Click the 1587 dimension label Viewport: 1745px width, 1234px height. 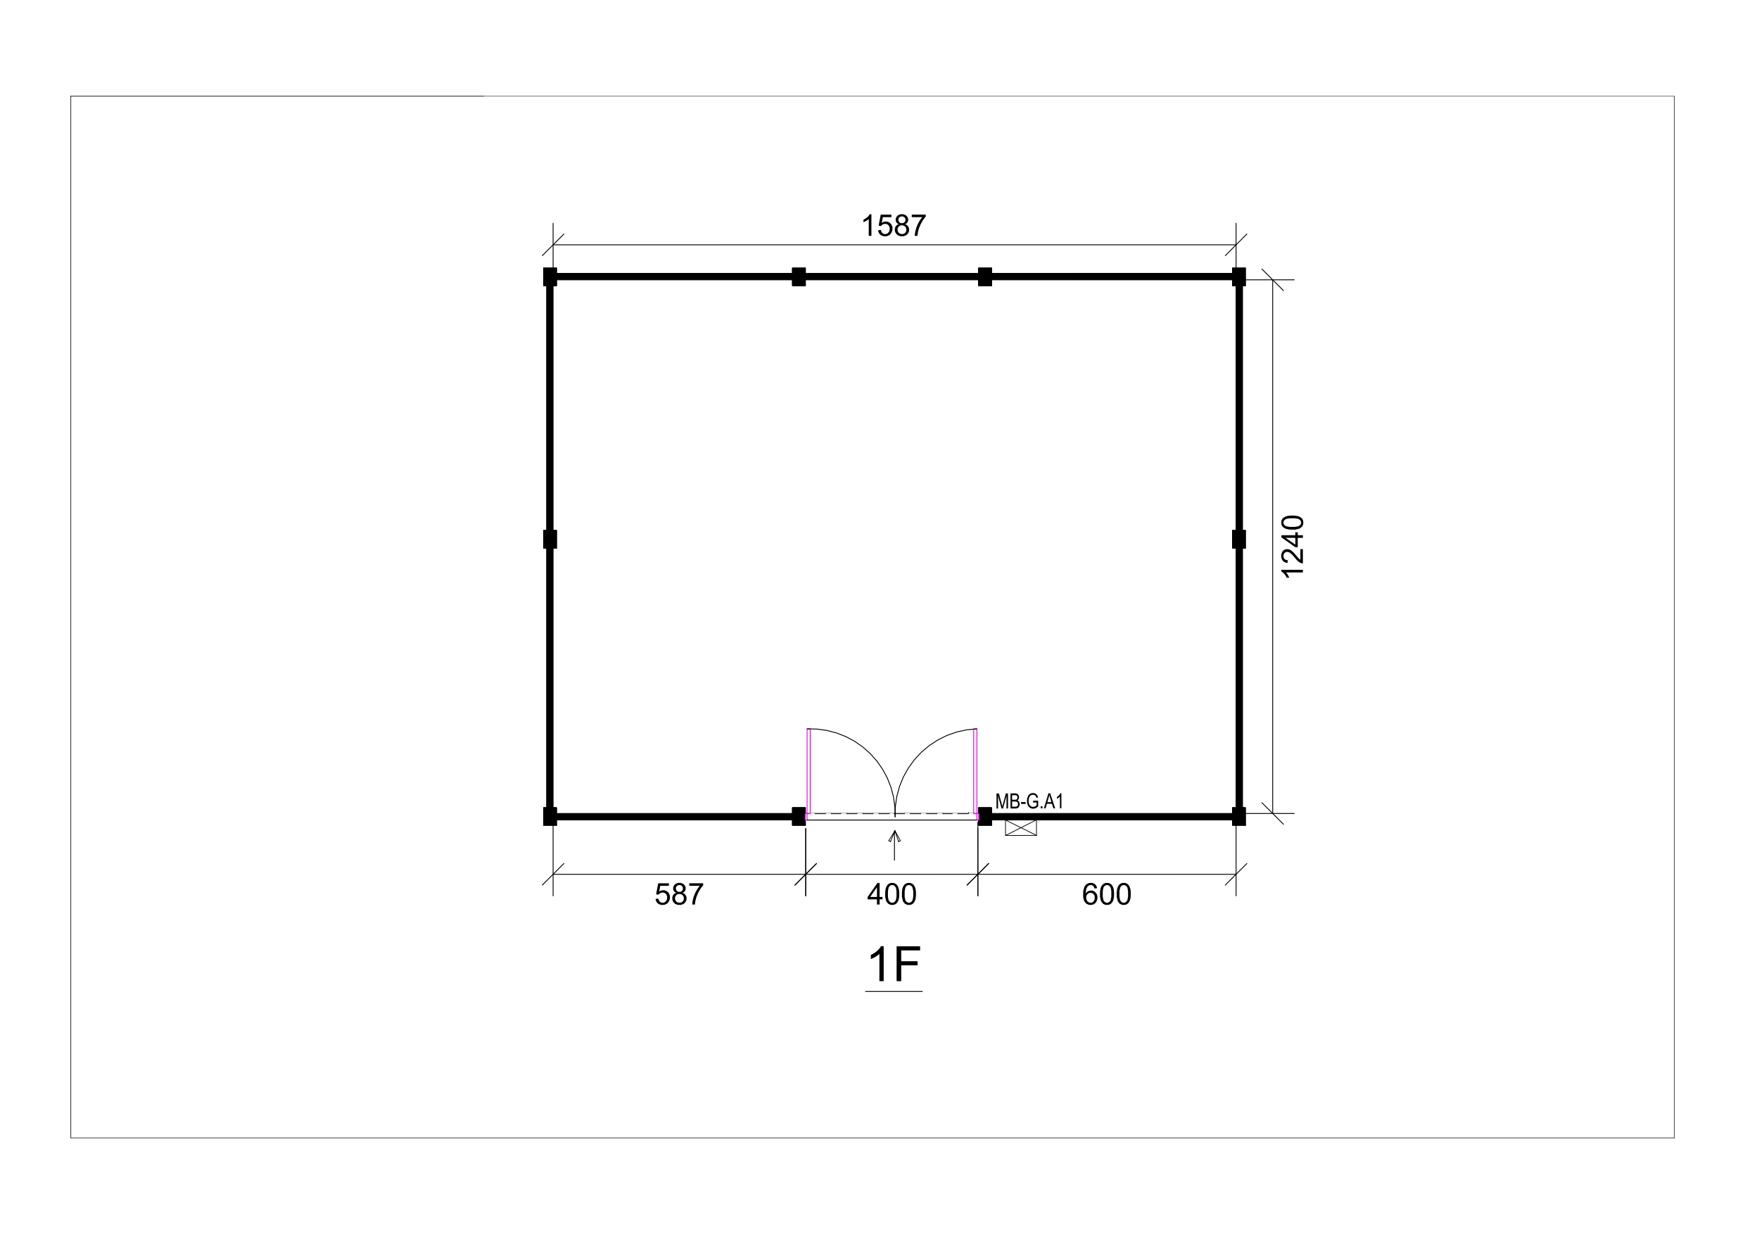point(893,226)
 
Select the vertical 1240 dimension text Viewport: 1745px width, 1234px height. point(1292,547)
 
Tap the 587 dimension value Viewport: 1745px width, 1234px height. point(679,894)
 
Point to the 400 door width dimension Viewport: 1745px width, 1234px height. point(891,894)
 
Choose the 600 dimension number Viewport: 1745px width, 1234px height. point(1107,894)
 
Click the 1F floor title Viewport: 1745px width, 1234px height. point(894,965)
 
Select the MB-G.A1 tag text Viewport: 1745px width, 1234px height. point(1029,801)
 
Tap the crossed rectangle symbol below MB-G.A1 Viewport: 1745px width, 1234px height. point(1021,827)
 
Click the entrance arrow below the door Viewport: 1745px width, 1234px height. point(894,845)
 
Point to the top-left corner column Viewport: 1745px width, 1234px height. point(550,276)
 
